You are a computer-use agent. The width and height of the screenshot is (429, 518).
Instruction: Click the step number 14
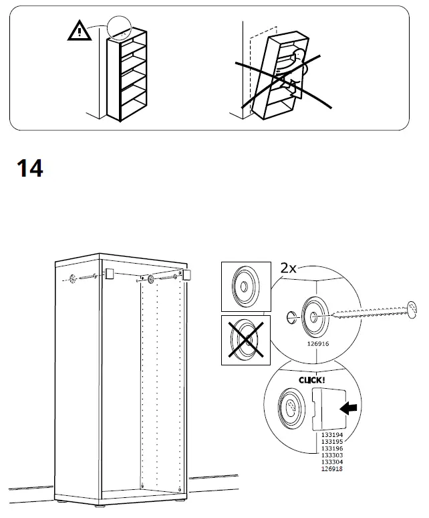tap(29, 168)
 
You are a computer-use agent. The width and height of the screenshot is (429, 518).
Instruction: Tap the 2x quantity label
tap(289, 269)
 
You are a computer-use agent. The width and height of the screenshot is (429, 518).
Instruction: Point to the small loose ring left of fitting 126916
tap(289, 316)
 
